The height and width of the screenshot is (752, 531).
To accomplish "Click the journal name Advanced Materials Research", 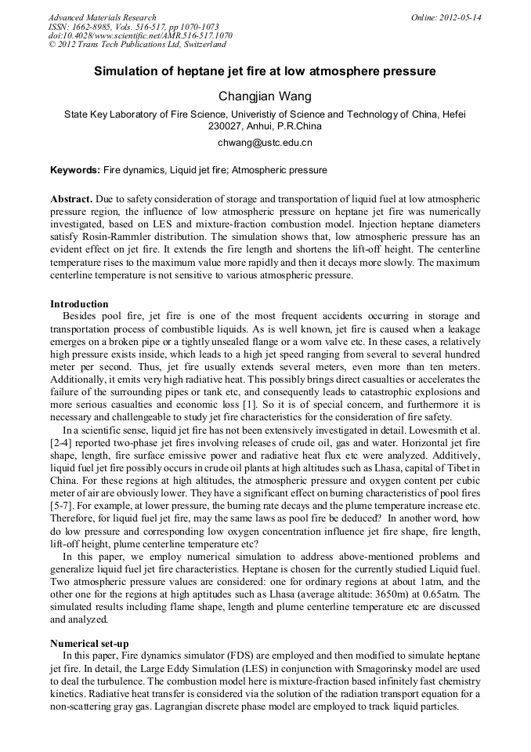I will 103,17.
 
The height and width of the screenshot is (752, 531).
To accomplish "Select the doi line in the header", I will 140,36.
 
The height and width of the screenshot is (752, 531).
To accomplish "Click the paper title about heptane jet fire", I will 265,71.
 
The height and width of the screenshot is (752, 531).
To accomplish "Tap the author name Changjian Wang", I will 265,96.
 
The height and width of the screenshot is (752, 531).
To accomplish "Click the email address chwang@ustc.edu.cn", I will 265,143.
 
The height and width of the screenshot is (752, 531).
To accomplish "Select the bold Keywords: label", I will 75,170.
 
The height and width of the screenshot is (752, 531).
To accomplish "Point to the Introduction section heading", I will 79,303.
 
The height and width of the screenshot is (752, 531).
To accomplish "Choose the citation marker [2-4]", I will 61,443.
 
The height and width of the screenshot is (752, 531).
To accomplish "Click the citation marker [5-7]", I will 61,518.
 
